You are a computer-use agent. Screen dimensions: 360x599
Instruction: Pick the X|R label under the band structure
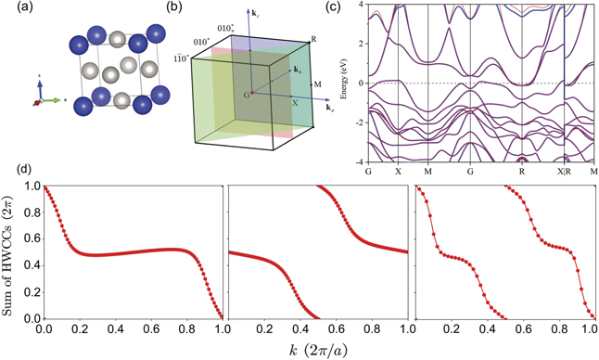pos(563,173)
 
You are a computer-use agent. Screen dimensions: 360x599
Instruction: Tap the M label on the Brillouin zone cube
pos(317,84)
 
